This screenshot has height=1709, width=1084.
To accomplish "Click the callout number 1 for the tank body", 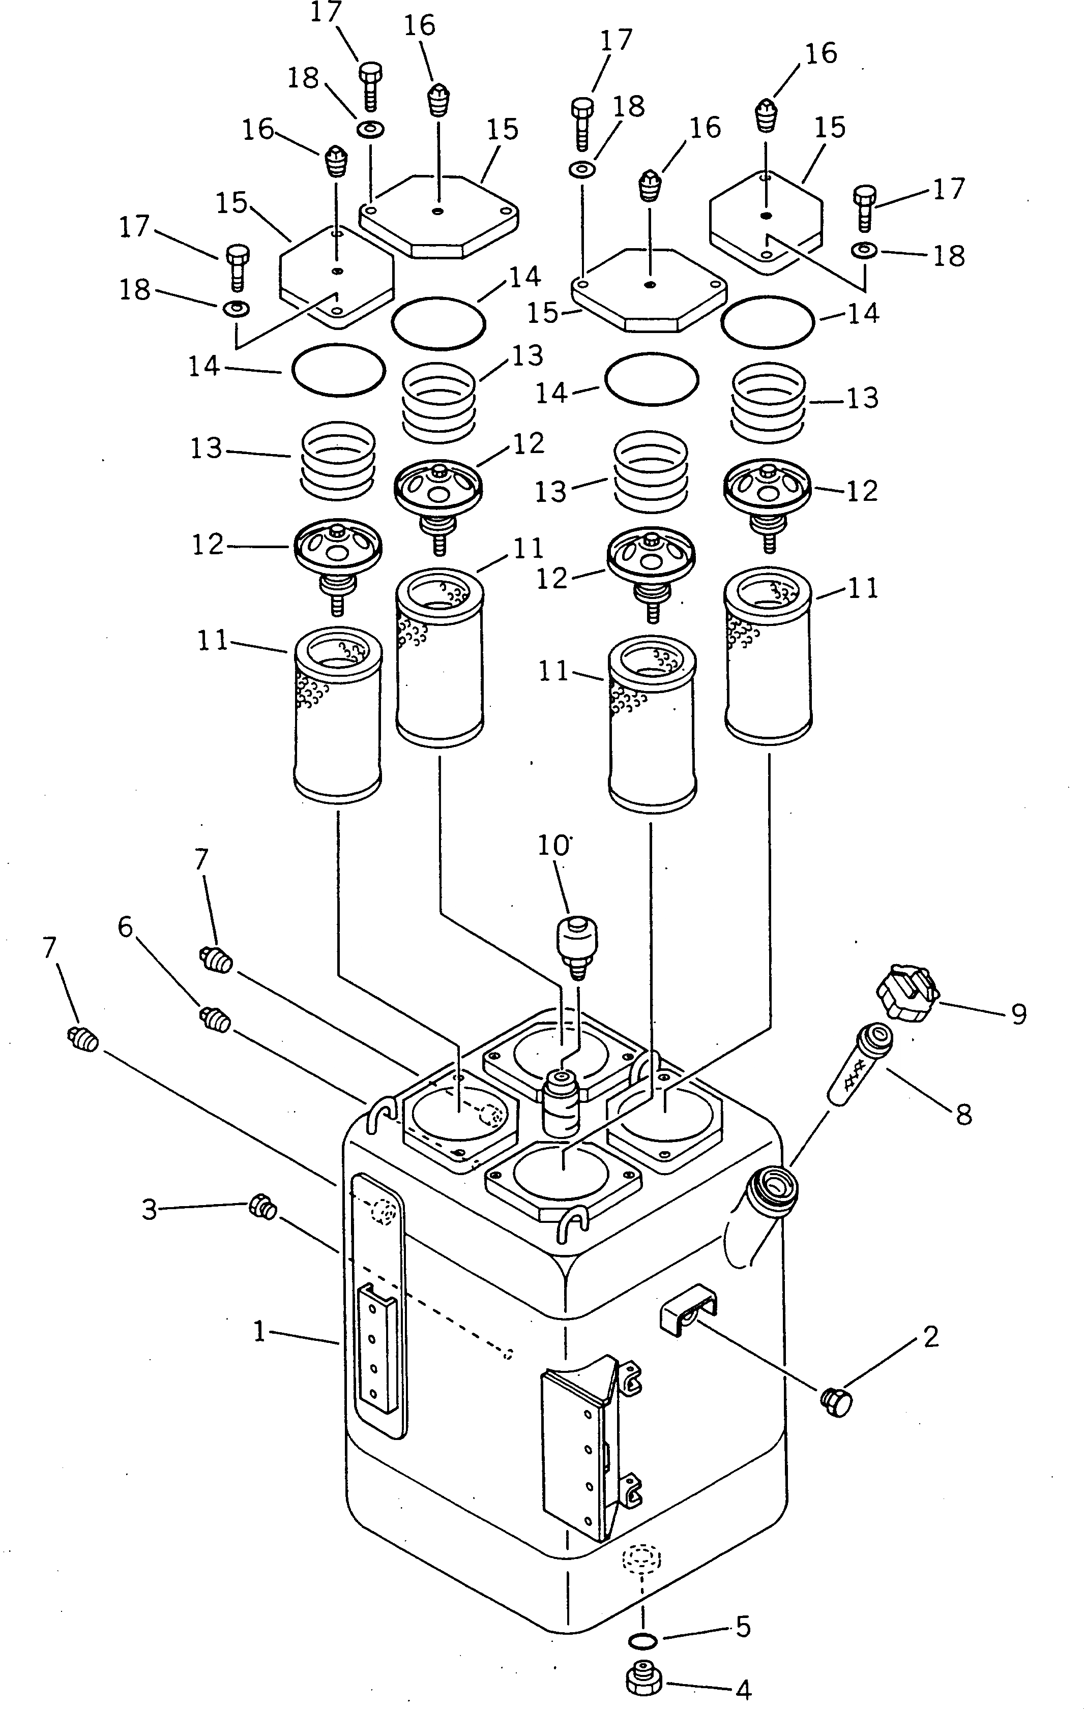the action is (x=260, y=1331).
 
